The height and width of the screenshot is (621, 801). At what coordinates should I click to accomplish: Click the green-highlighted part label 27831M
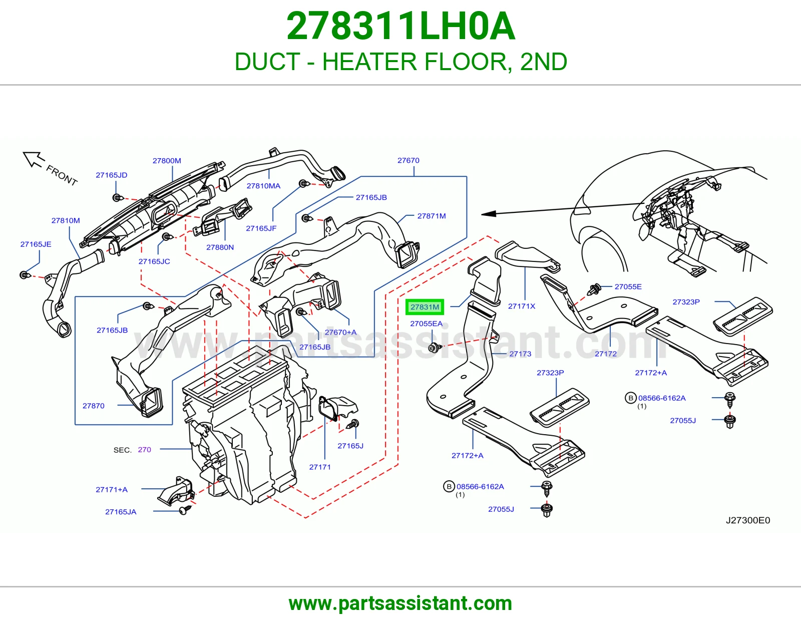pyautogui.click(x=425, y=307)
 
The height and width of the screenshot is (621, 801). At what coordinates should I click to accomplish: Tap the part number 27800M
pyautogui.click(x=167, y=161)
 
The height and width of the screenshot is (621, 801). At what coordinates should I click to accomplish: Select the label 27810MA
pyautogui.click(x=263, y=186)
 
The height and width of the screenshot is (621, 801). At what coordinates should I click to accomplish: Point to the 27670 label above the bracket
pyautogui.click(x=409, y=160)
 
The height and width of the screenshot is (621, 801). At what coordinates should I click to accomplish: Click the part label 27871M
pyautogui.click(x=432, y=216)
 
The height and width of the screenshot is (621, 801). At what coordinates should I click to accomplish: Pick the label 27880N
pyautogui.click(x=220, y=247)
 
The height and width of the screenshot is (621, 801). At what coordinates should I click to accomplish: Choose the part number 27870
pyautogui.click(x=93, y=406)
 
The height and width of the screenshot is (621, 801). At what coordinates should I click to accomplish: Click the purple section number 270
pyautogui.click(x=145, y=450)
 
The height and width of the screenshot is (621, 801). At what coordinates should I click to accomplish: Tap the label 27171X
pyautogui.click(x=522, y=306)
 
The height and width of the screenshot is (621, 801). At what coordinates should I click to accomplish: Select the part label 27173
pyautogui.click(x=520, y=354)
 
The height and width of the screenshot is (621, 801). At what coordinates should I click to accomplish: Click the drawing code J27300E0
pyautogui.click(x=748, y=520)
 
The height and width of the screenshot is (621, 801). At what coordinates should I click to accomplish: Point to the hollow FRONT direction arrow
pyautogui.click(x=33, y=159)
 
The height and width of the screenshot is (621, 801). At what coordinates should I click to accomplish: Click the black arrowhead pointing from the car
pyautogui.click(x=489, y=213)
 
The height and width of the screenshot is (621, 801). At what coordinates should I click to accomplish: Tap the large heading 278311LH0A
pyautogui.click(x=400, y=26)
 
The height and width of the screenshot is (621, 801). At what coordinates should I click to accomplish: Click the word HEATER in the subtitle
pyautogui.click(x=369, y=62)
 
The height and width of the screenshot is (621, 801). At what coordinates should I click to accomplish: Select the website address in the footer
pyautogui.click(x=400, y=603)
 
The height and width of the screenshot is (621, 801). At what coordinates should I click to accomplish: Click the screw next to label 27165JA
pyautogui.click(x=185, y=510)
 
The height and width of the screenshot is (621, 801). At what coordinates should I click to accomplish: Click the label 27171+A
pyautogui.click(x=112, y=490)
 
